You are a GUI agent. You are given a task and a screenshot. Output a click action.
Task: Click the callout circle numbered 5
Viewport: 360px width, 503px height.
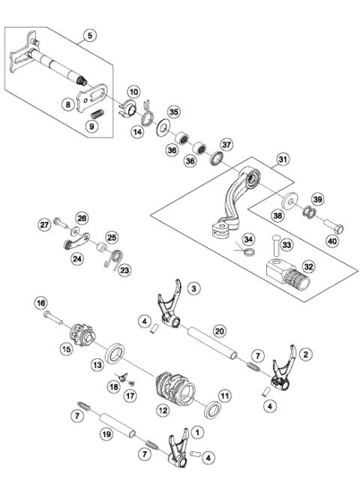coord(91,35)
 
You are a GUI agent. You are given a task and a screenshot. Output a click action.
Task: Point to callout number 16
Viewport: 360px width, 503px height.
coord(40,302)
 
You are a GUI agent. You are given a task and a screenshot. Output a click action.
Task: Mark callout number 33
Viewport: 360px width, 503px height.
coord(288,244)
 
